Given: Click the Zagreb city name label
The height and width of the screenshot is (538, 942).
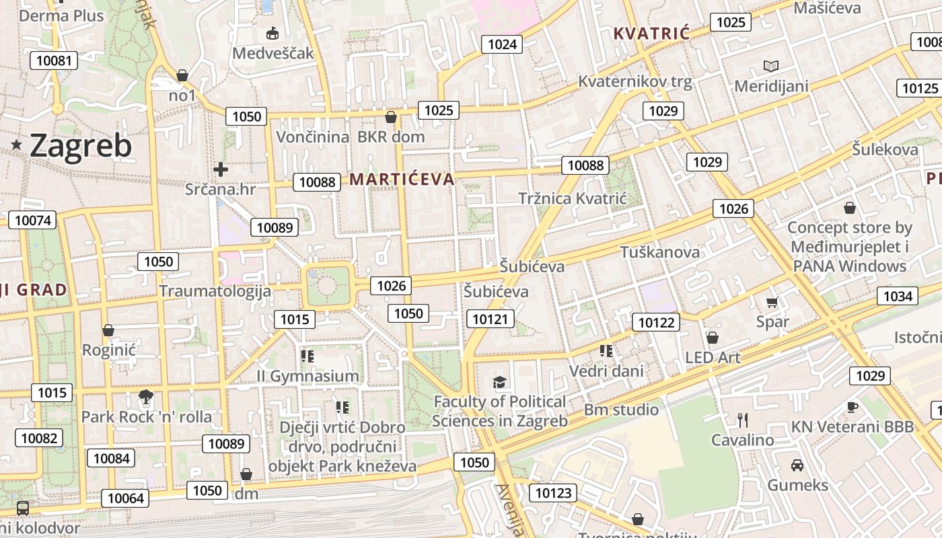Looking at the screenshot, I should (81, 146).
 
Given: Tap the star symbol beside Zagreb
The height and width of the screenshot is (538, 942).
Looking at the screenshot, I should (16, 144).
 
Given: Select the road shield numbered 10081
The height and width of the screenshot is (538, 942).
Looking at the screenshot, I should (54, 61).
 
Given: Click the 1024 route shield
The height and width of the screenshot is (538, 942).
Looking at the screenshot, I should (502, 44).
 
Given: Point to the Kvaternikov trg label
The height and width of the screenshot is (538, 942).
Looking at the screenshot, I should (635, 82).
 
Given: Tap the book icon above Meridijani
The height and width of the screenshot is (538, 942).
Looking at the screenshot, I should (771, 66).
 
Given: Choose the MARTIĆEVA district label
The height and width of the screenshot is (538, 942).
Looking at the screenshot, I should (402, 179).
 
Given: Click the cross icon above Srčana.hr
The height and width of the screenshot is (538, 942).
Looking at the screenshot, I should (220, 169).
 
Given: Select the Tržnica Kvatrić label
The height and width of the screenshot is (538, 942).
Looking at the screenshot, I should (573, 198).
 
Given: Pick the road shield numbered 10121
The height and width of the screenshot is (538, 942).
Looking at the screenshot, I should (490, 319).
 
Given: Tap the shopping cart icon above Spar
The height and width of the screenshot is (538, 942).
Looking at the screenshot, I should (772, 303).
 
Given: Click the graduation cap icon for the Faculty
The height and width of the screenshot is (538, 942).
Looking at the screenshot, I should (499, 382).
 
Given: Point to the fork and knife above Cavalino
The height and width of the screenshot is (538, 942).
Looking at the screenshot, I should (743, 420).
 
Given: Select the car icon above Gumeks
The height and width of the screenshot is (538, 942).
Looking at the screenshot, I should (797, 465).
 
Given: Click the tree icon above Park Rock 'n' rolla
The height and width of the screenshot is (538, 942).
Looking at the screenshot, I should (145, 396).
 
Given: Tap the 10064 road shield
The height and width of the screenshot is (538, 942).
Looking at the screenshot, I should (125, 498).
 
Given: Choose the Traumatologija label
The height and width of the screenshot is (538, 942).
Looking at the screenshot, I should (215, 291).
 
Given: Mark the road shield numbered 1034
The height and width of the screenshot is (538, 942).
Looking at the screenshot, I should (898, 296).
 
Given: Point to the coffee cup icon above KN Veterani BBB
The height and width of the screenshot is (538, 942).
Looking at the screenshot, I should (852, 407).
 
